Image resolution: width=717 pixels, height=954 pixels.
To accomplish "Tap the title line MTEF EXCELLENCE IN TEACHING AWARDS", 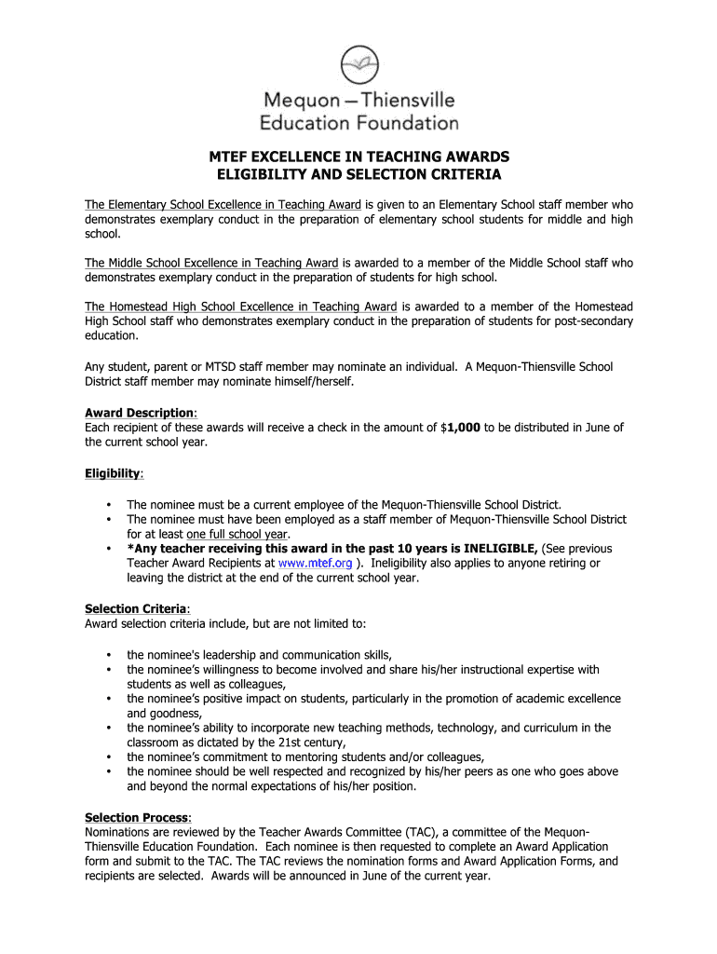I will coord(358,157).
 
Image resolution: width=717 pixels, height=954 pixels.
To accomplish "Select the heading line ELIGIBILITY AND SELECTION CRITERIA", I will coord(358,175).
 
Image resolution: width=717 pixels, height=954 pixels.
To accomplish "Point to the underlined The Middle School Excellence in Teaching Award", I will coord(212,263).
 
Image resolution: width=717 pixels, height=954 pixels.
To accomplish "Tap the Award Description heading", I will coord(141,413).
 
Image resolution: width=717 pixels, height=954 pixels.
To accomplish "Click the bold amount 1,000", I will coord(463,428).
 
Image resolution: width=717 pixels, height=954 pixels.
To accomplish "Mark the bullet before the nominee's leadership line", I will coord(109,654).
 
